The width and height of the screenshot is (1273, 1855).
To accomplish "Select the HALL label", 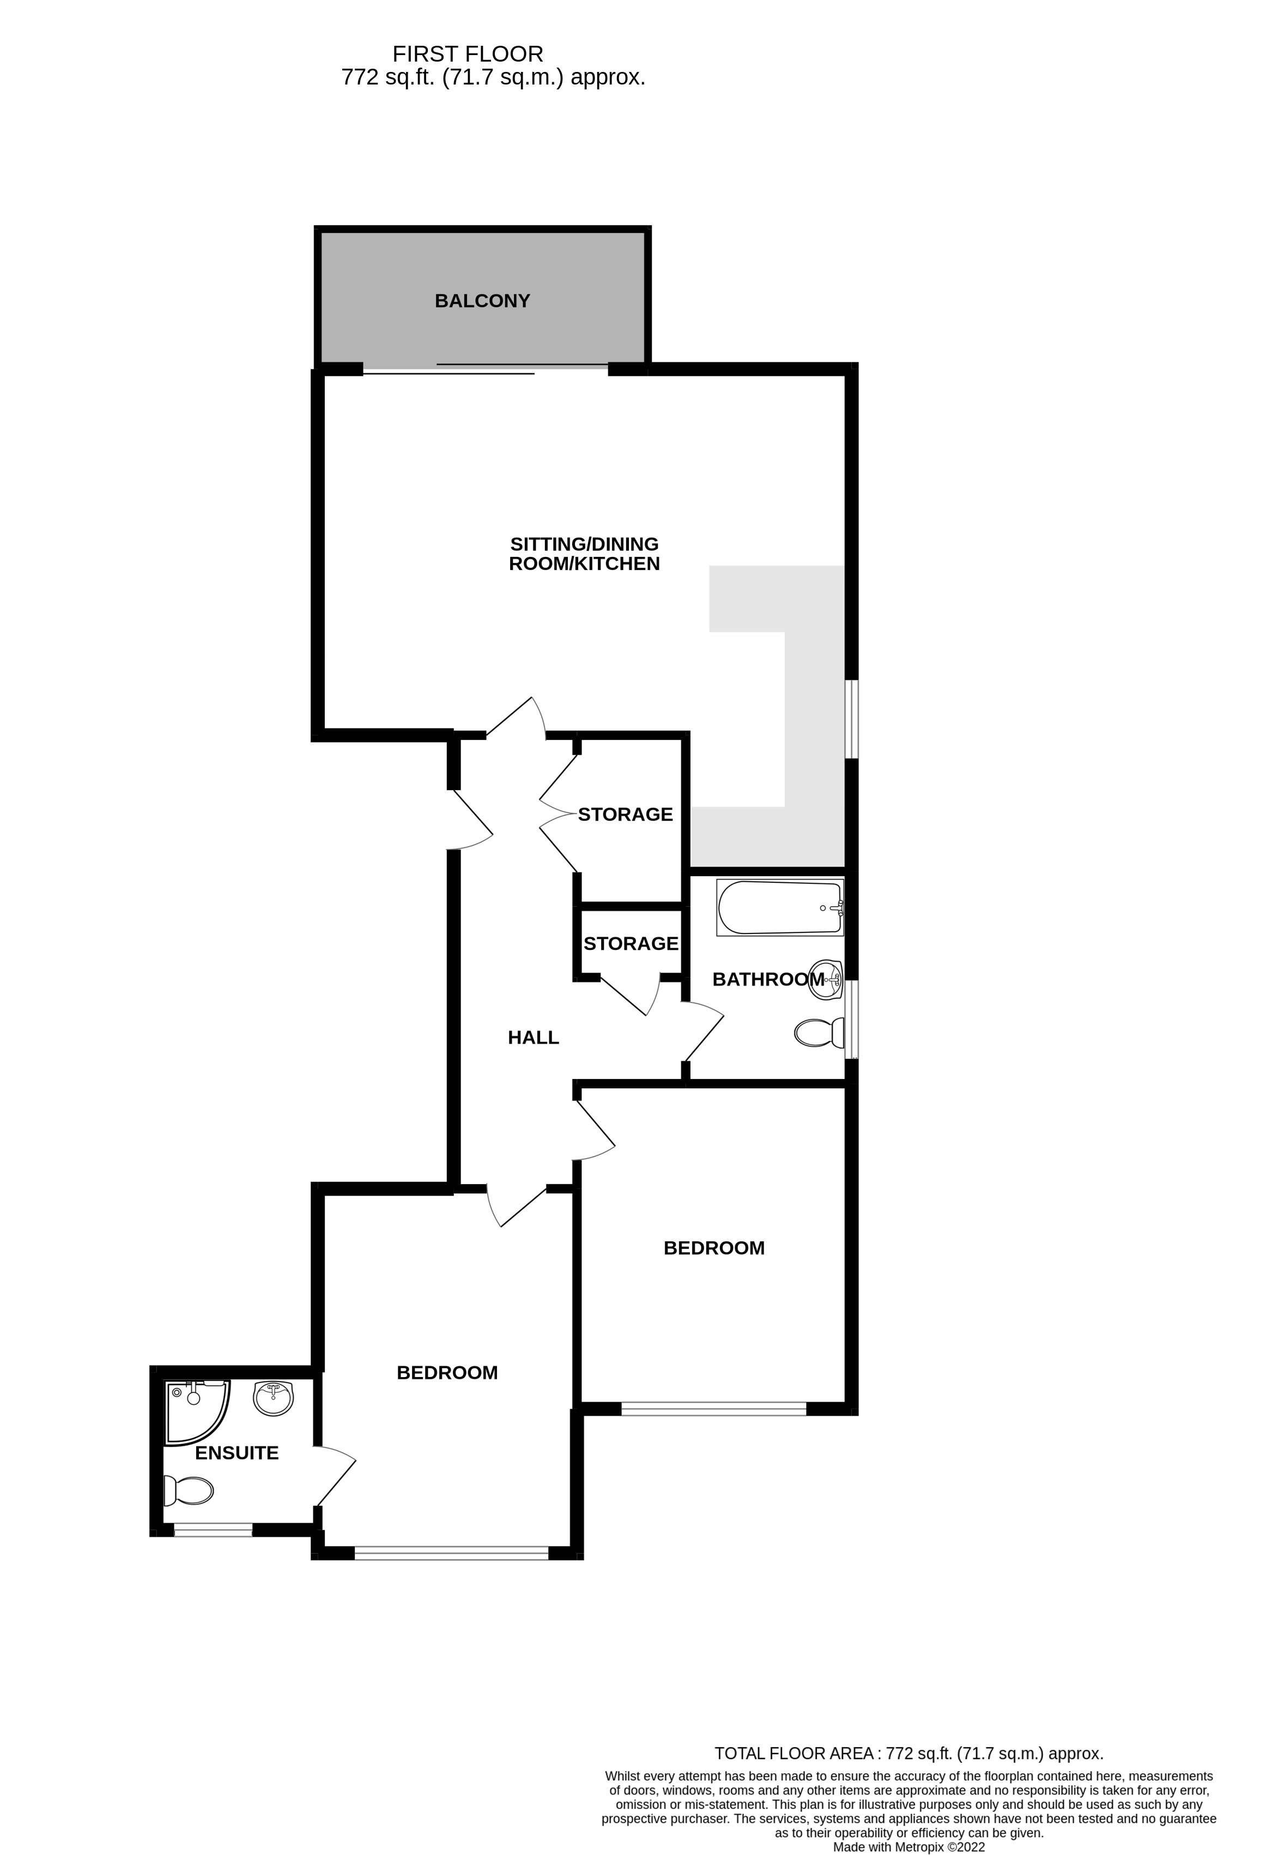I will (533, 1038).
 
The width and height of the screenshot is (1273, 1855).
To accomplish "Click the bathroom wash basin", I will (826, 979).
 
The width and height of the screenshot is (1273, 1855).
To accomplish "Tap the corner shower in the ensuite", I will (196, 1411).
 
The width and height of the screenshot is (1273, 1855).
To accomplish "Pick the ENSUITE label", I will (237, 1453).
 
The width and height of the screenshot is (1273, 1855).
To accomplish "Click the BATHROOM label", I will (768, 979).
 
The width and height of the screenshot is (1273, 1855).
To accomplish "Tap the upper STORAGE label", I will (625, 814).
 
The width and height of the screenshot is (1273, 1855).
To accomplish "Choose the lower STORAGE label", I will (631, 943).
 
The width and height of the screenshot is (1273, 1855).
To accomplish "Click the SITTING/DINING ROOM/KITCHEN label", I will (584, 554).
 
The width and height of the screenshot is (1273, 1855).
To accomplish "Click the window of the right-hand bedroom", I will (713, 1410).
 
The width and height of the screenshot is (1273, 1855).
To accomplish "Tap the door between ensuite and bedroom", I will (335, 1476).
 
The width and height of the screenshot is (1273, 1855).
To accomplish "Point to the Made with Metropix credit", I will (908, 1847).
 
